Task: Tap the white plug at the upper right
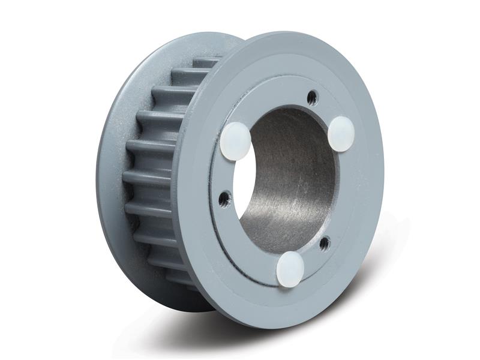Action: (343, 132)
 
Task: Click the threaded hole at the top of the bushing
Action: (310, 95)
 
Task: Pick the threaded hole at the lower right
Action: (325, 242)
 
